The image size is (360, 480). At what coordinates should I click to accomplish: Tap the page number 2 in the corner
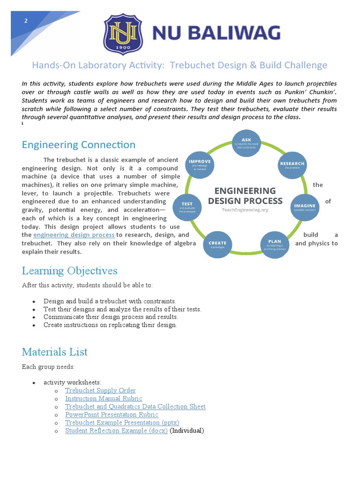[26, 21]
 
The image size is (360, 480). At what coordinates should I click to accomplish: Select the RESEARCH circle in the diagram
[292, 166]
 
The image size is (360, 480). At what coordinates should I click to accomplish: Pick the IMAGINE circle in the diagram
[305, 208]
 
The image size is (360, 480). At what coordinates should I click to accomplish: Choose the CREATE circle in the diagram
[217, 245]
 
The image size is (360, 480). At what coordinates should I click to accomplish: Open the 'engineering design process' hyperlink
[74, 235]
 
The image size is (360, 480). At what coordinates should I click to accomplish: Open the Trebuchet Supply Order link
[100, 390]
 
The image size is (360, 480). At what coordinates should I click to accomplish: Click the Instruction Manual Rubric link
[104, 398]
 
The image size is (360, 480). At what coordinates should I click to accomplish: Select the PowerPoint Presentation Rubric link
[112, 414]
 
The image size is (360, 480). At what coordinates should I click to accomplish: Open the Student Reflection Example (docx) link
[116, 431]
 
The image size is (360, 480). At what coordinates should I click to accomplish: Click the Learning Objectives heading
[69, 271]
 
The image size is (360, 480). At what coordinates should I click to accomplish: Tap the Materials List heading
[54, 352]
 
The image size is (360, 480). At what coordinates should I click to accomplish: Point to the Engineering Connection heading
[78, 145]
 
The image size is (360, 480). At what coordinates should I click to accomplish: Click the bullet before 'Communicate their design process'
[35, 317]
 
